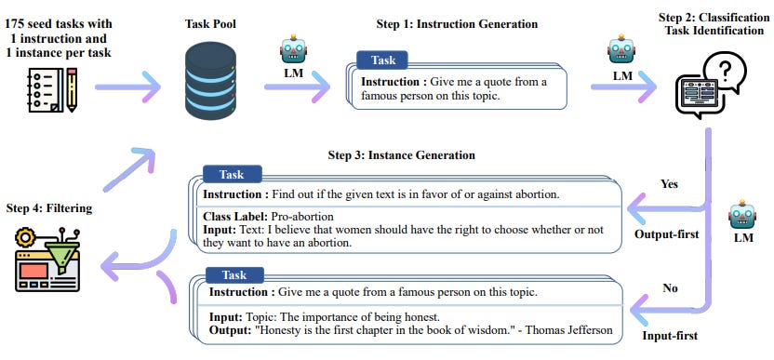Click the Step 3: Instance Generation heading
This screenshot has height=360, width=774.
(x=401, y=154)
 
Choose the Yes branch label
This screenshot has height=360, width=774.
(x=669, y=183)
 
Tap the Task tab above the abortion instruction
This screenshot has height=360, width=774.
(x=232, y=175)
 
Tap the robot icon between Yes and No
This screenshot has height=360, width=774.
(x=741, y=215)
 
